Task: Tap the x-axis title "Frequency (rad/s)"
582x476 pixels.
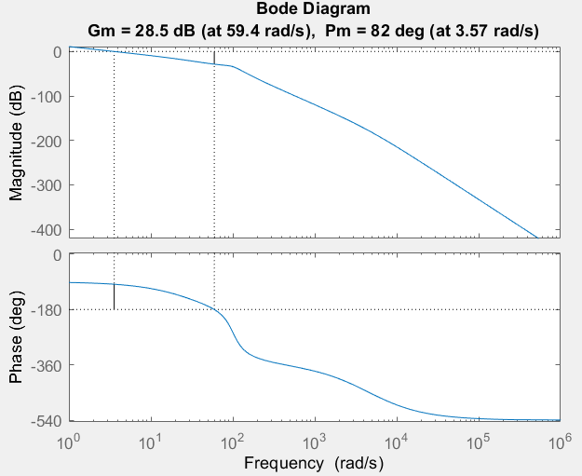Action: click(313, 462)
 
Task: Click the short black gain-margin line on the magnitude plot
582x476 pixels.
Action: click(214, 58)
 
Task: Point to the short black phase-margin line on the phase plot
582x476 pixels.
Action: click(114, 296)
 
